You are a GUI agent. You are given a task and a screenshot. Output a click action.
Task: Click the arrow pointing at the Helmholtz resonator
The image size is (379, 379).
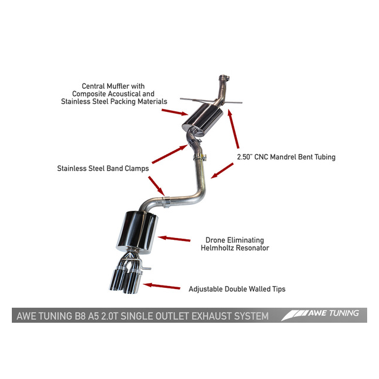point(174,239)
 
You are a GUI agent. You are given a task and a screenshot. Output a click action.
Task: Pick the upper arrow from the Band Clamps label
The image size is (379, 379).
point(169,152)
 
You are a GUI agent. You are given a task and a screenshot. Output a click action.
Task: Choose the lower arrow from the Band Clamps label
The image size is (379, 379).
point(155,186)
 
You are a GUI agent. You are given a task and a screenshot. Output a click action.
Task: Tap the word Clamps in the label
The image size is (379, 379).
point(134,168)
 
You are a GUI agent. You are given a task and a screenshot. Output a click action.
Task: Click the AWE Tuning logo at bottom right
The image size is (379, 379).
point(322,314)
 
